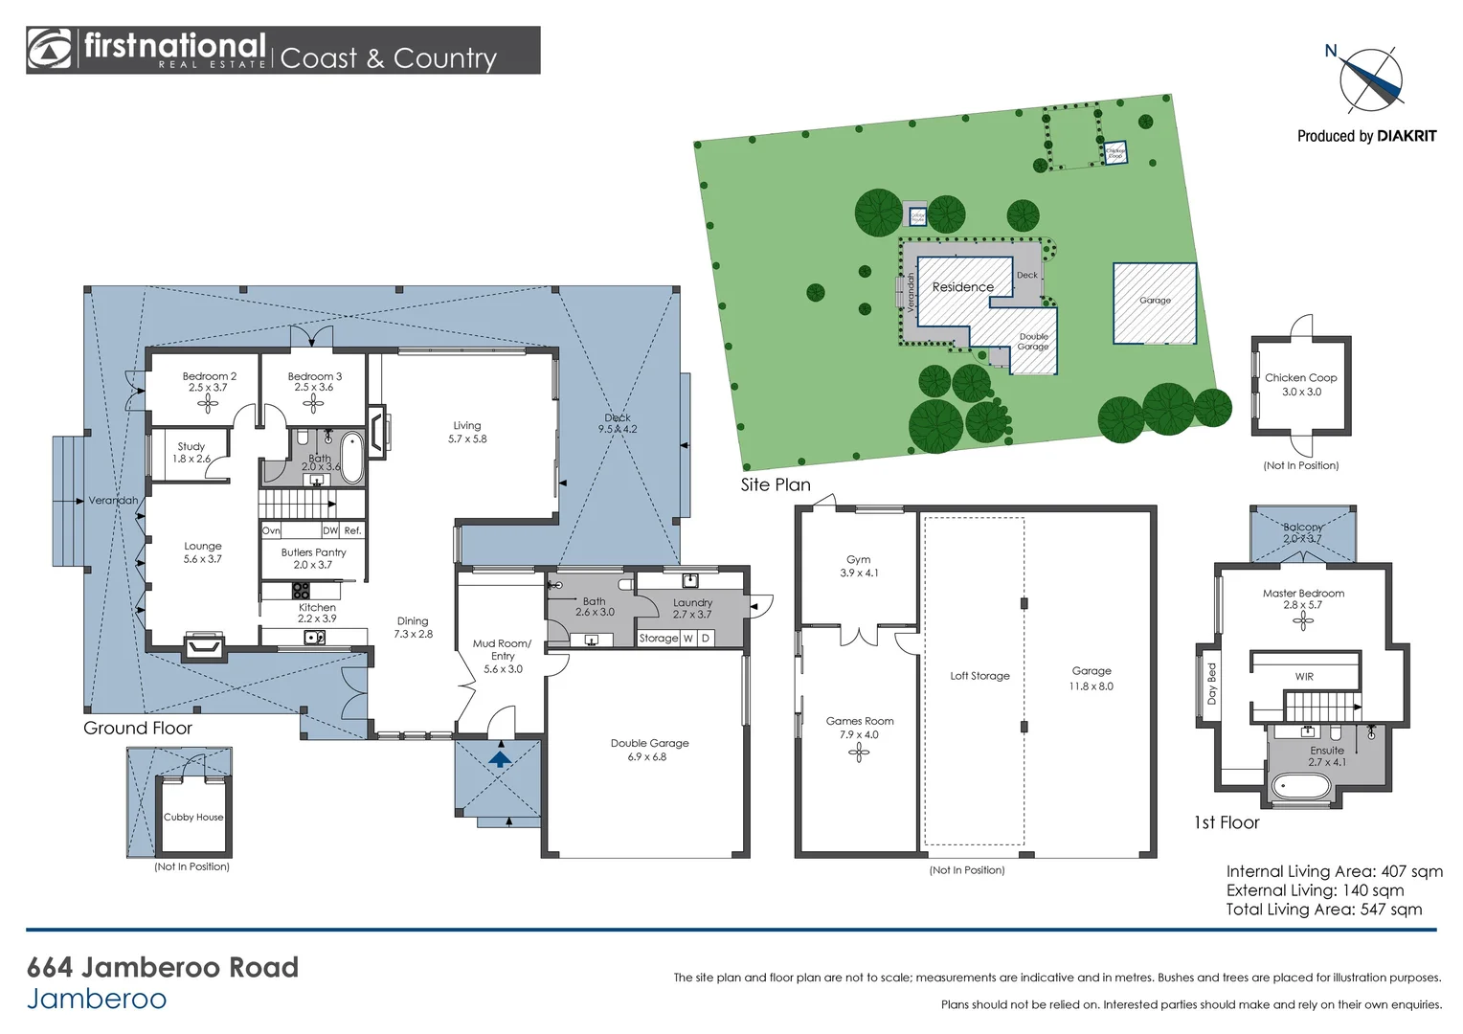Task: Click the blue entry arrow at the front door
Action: [x=500, y=759]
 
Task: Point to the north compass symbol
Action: [x=1370, y=80]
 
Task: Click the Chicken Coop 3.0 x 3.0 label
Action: [x=1300, y=384]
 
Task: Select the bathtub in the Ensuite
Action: [x=1300, y=787]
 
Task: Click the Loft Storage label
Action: [x=979, y=676]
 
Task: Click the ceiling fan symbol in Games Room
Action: [x=859, y=753]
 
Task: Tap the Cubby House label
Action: [x=193, y=817]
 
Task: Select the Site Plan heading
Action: [x=776, y=484]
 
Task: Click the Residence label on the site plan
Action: [x=962, y=287]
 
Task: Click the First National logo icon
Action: [x=49, y=49]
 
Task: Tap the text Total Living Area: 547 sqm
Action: [x=1323, y=910]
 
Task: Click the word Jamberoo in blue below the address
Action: [x=97, y=999]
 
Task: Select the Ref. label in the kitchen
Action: [x=352, y=530]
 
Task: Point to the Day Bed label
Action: [x=1211, y=684]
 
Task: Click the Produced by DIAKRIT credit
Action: [x=1366, y=136]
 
